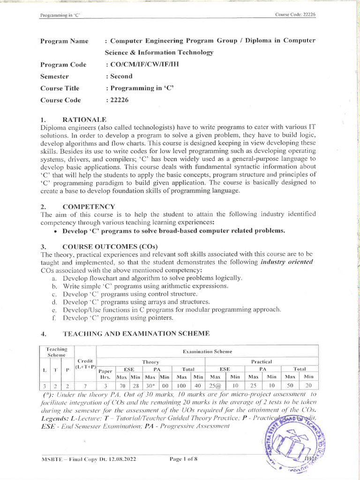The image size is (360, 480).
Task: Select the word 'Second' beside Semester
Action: (120, 76)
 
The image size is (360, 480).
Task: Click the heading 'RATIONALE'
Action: (84, 120)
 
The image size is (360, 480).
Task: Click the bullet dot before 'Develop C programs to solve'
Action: (56, 231)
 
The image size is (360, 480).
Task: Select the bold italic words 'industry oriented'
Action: (286, 262)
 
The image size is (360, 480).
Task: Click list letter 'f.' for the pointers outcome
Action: (54, 318)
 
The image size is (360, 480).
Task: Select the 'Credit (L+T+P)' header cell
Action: (85, 364)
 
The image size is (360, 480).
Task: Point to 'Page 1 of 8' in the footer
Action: (183, 459)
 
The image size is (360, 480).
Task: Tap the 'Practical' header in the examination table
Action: (262, 361)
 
